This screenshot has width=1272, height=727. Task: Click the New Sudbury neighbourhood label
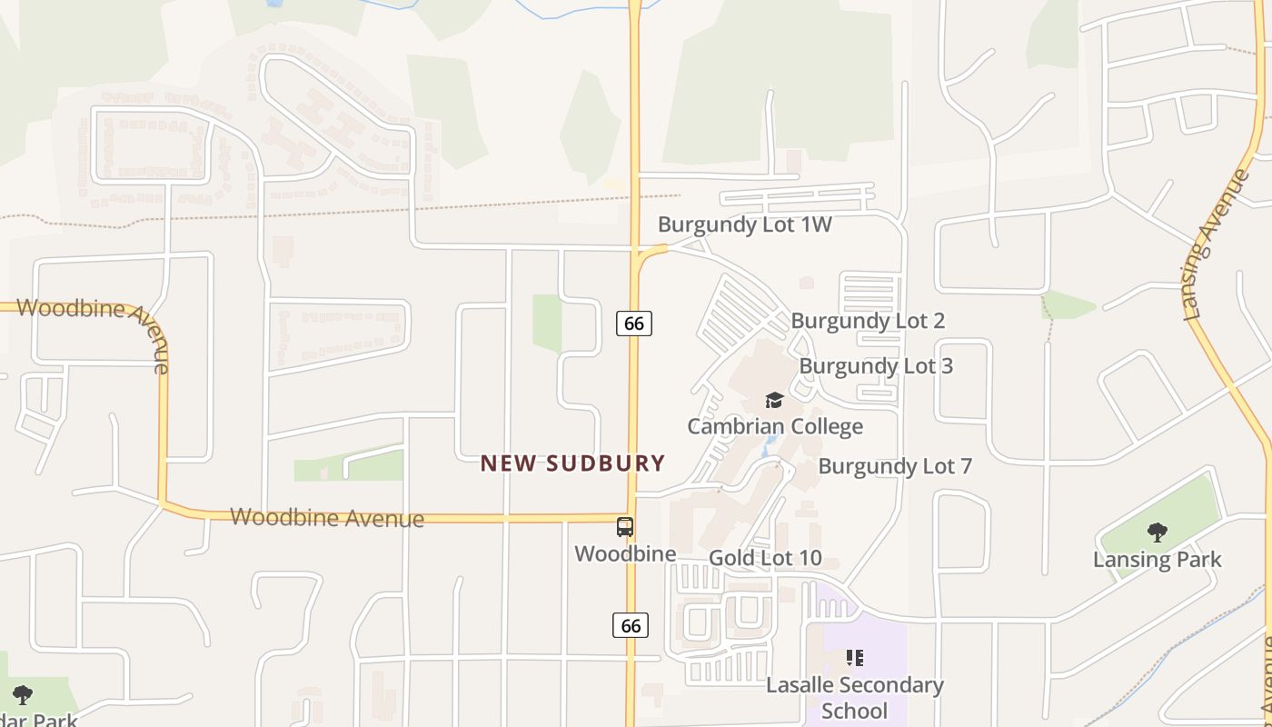(572, 463)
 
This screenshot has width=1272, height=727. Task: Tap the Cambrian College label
(775, 426)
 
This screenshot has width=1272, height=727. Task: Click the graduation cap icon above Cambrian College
(774, 400)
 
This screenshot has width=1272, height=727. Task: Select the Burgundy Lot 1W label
(745, 224)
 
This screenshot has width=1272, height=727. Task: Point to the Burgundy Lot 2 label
(868, 321)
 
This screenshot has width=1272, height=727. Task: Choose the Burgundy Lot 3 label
(876, 366)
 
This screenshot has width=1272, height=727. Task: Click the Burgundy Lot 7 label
(895, 466)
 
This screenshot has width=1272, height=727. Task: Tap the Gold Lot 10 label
(765, 558)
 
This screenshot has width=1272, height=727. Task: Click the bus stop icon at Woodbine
(625, 527)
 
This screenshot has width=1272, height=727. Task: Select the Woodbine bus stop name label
(625, 553)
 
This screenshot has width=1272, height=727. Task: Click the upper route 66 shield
(634, 323)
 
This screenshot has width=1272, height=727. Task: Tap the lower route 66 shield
(631, 625)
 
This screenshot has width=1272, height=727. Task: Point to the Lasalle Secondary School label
(855, 697)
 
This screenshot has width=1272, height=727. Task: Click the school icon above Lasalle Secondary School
(854, 657)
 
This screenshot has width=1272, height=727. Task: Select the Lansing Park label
(1158, 559)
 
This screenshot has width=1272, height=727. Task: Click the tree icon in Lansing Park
(1157, 533)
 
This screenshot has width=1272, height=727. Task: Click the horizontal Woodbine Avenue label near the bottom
(327, 518)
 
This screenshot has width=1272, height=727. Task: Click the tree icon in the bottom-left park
(23, 695)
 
